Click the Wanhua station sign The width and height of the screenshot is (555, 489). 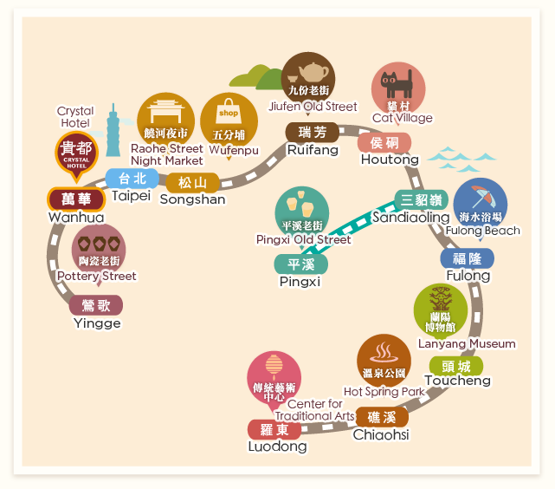(76, 199)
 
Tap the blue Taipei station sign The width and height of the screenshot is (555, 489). (132, 179)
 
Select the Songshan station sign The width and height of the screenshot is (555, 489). (193, 182)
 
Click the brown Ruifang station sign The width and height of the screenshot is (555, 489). (312, 132)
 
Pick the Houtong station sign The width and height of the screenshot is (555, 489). (384, 142)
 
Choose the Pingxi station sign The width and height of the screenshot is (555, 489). (300, 264)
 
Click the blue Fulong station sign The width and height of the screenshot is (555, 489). (467, 258)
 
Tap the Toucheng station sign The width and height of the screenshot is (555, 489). (455, 365)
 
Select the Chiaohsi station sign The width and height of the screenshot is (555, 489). (381, 418)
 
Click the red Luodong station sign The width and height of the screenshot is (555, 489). (274, 429)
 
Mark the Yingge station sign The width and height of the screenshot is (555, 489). (95, 305)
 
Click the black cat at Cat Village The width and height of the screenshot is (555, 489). (398, 84)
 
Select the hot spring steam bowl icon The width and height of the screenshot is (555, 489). (384, 352)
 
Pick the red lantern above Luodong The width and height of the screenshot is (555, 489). (274, 367)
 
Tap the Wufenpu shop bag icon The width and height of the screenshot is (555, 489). (229, 114)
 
